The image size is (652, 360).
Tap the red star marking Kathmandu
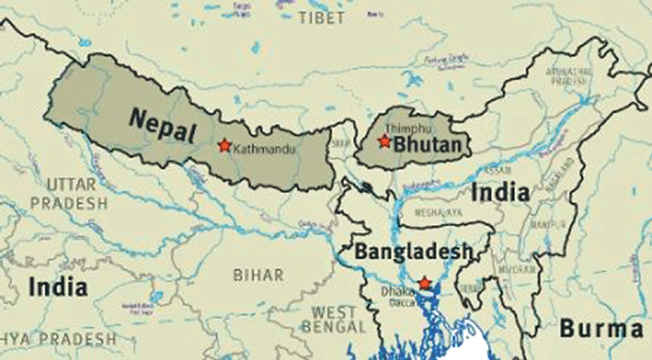click(224, 146)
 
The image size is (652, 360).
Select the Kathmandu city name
click(262, 149)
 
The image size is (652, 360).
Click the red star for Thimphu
click(384, 142)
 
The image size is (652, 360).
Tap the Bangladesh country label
click(412, 252)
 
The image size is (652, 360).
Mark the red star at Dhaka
click(424, 283)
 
